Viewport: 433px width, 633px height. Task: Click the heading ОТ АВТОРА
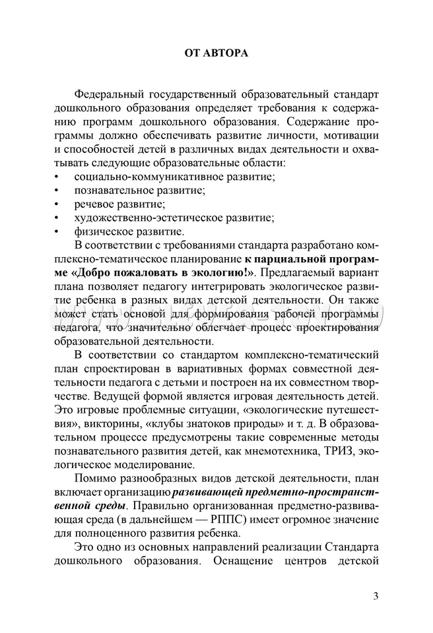coord(216,53)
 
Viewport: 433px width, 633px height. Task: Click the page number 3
coord(376,597)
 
